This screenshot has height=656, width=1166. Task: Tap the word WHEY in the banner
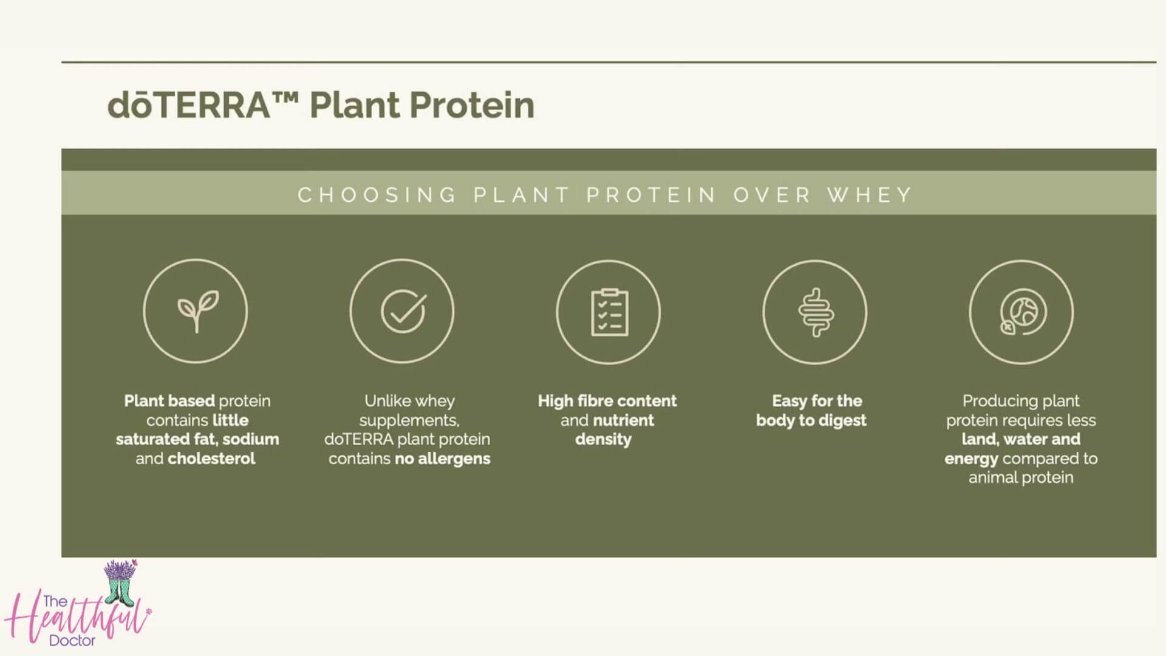pyautogui.click(x=870, y=195)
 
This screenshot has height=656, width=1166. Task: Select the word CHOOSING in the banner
pyautogui.click(x=377, y=195)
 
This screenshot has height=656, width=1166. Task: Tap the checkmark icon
pyautogui.click(x=403, y=311)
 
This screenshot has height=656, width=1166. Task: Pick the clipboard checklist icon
pyautogui.click(x=610, y=312)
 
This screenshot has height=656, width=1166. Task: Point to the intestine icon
pyautogui.click(x=816, y=312)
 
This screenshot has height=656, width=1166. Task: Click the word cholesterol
pyautogui.click(x=211, y=459)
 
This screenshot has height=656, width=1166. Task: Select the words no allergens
pyautogui.click(x=442, y=459)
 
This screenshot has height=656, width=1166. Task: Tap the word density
pyautogui.click(x=604, y=439)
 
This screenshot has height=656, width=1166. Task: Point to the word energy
pyautogui.click(x=971, y=459)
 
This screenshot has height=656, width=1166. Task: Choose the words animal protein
pyautogui.click(x=1021, y=477)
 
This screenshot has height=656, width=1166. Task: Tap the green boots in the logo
pyautogui.click(x=120, y=591)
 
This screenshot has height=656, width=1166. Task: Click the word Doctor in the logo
pyautogui.click(x=72, y=640)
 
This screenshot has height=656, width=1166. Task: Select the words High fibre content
pyautogui.click(x=607, y=401)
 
